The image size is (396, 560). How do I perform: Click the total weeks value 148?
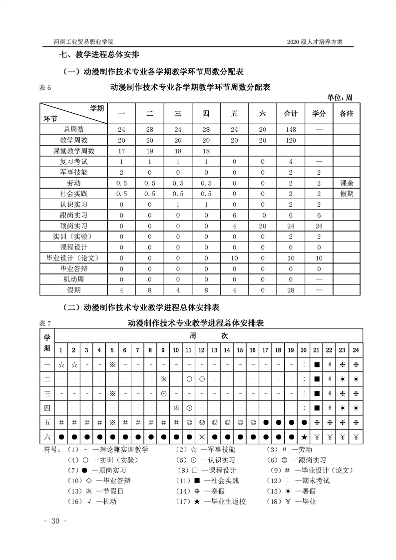click(291, 129)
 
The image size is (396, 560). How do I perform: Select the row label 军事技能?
click(73, 172)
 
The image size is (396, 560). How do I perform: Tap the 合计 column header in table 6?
click(291, 114)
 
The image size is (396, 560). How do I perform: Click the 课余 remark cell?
click(346, 183)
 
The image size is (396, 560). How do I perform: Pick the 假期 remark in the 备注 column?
click(346, 194)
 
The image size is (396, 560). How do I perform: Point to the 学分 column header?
click(319, 114)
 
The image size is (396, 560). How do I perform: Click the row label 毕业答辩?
click(73, 269)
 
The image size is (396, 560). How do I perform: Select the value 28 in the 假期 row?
click(291, 290)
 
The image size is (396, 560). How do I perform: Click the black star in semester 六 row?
click(304, 438)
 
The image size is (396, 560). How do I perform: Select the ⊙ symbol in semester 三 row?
click(163, 394)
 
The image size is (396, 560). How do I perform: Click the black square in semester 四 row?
click(317, 408)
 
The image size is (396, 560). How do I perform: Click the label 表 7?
click(45, 323)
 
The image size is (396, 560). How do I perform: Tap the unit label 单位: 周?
click(340, 97)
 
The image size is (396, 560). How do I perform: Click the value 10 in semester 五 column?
click(234, 258)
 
